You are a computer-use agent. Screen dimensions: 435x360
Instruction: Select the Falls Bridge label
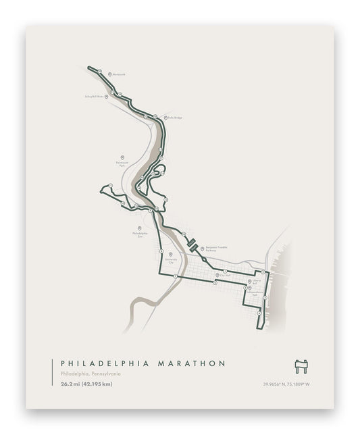click(175, 118)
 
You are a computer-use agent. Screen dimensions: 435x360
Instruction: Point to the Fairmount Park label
click(122, 164)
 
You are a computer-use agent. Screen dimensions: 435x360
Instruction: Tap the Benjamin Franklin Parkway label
click(217, 249)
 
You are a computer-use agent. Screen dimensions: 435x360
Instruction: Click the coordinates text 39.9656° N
click(278, 385)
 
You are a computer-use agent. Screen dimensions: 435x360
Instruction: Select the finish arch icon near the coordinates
click(301, 365)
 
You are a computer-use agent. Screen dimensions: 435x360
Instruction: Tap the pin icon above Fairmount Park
click(122, 157)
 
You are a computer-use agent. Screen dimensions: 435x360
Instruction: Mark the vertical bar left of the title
click(52, 373)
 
